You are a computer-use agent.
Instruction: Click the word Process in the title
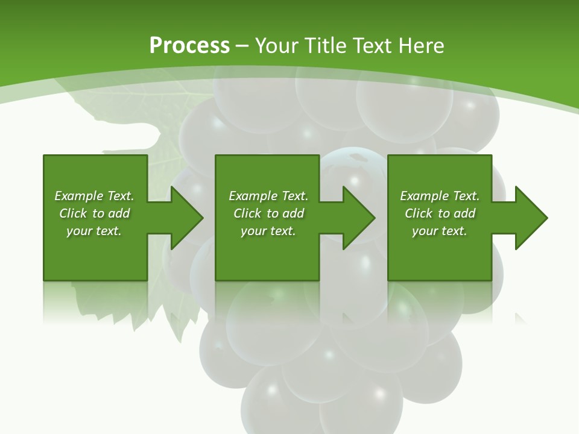[x=189, y=46]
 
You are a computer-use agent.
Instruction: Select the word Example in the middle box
[x=253, y=196]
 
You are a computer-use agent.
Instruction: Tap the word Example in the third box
[x=424, y=196]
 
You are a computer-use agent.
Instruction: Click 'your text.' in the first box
[x=94, y=231]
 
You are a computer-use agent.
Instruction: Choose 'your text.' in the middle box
[x=268, y=231]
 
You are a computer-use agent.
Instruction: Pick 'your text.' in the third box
[x=439, y=231]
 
